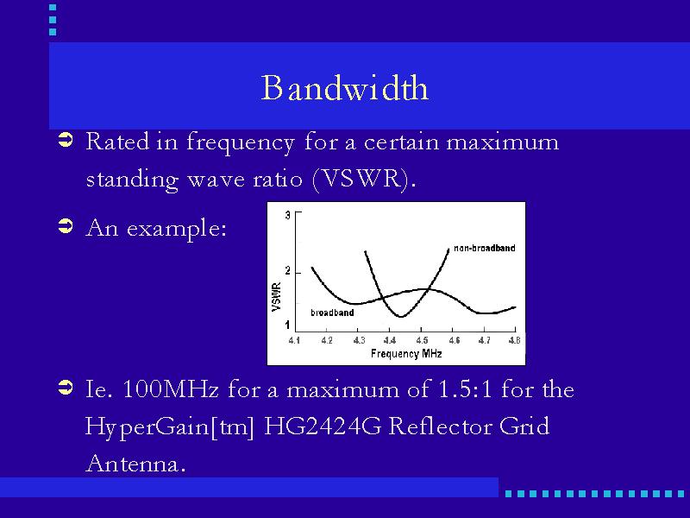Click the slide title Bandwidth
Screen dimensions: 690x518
point(344,88)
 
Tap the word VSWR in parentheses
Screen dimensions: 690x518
point(361,179)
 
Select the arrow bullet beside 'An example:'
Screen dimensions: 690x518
point(66,226)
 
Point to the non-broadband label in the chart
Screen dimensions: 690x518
point(484,248)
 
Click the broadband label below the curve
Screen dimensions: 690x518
point(332,313)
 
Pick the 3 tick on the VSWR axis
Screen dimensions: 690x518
point(288,215)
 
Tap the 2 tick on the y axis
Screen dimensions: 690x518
point(288,271)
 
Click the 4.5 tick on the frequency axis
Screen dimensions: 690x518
point(422,340)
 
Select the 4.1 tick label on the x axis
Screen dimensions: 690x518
point(294,340)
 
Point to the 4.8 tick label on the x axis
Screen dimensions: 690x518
point(514,340)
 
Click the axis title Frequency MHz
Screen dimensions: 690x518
point(406,354)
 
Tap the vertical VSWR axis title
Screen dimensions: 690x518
point(276,297)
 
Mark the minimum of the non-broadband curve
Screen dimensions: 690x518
point(401,316)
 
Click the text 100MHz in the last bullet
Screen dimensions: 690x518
point(170,389)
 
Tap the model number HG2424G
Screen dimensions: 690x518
point(323,426)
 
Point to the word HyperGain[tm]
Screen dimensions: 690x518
point(169,427)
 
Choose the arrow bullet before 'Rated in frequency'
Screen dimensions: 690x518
point(66,140)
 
